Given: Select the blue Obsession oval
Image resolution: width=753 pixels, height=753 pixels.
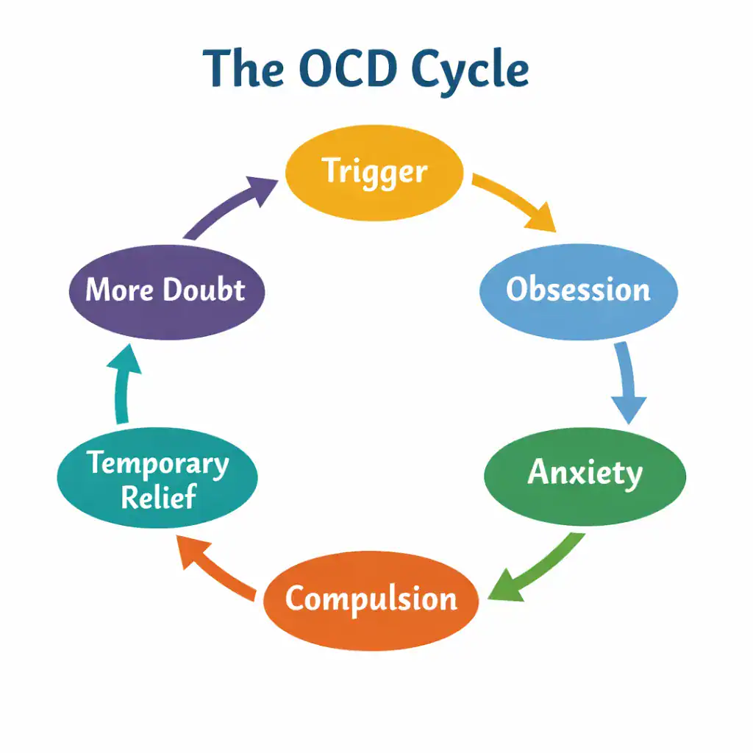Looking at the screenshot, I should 578,290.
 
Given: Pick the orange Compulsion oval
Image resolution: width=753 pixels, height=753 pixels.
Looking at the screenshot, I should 371,599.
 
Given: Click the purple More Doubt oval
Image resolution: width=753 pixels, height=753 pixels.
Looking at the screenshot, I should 165,290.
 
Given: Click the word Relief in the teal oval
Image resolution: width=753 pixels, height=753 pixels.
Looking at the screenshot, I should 159,498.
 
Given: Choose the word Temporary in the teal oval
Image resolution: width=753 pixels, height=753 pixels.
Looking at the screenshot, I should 157,465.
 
